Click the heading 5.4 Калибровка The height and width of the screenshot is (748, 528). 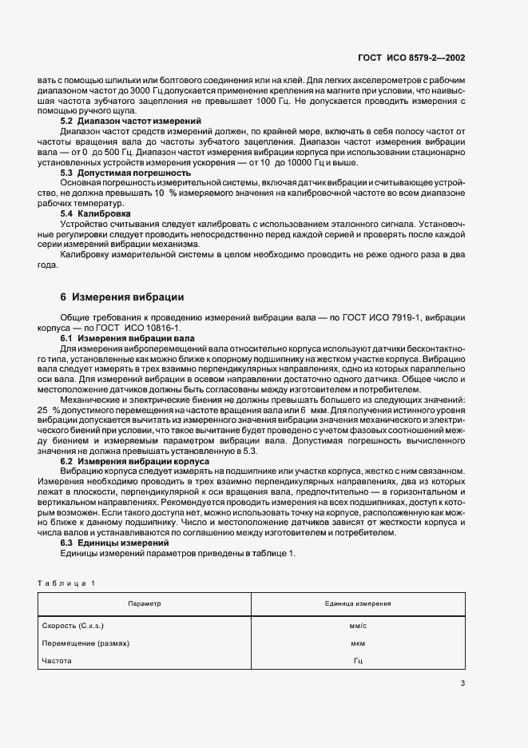[x=96, y=214]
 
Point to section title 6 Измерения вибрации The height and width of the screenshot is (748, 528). [x=122, y=296]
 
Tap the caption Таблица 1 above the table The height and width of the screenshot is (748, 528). [x=66, y=583]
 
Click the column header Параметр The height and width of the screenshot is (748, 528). [x=144, y=604]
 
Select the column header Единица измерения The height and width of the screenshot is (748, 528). [x=357, y=604]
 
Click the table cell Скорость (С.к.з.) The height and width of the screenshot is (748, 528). [x=71, y=627]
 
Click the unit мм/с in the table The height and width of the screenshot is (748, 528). [x=358, y=627]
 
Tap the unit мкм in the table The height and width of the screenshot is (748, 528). [x=358, y=643]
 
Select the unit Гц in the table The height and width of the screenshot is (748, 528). [x=358, y=661]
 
